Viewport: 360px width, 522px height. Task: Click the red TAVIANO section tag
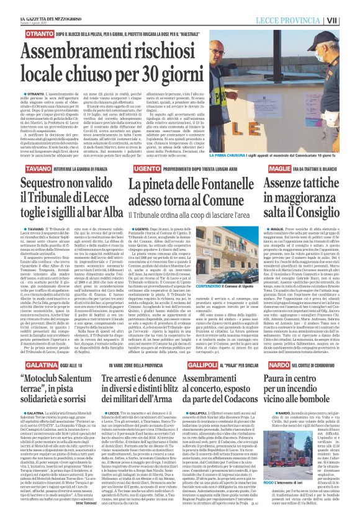point(22,151)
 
